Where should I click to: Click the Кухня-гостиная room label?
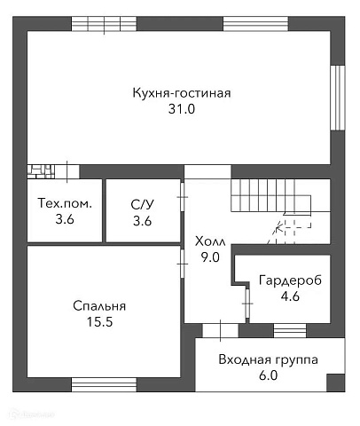tap(181, 92)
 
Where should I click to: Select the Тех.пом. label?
tap(65, 203)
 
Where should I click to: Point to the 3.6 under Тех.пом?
tap(65, 220)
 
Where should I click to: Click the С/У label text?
tap(142, 203)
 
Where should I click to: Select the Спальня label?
tap(99, 306)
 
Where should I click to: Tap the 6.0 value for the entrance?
tap(269, 376)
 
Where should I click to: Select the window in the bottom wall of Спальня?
tap(103, 384)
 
